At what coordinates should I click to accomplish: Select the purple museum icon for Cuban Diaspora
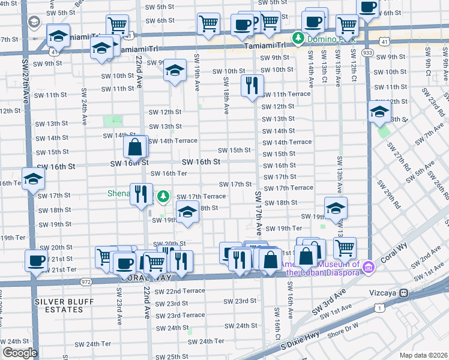[368, 266]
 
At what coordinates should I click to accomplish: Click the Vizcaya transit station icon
[404, 292]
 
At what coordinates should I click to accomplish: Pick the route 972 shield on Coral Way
[86, 281]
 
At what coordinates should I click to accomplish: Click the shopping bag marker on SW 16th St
[136, 147]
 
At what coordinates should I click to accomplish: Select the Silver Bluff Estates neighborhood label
[59, 305]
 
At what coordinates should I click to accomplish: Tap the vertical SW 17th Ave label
[259, 213]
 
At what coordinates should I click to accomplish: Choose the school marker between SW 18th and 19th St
[187, 212]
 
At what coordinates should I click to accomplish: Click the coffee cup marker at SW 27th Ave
[36, 260]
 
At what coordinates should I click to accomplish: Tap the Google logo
[20, 353]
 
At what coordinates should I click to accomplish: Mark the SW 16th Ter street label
[169, 173]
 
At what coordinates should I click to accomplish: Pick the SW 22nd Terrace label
[179, 291]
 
